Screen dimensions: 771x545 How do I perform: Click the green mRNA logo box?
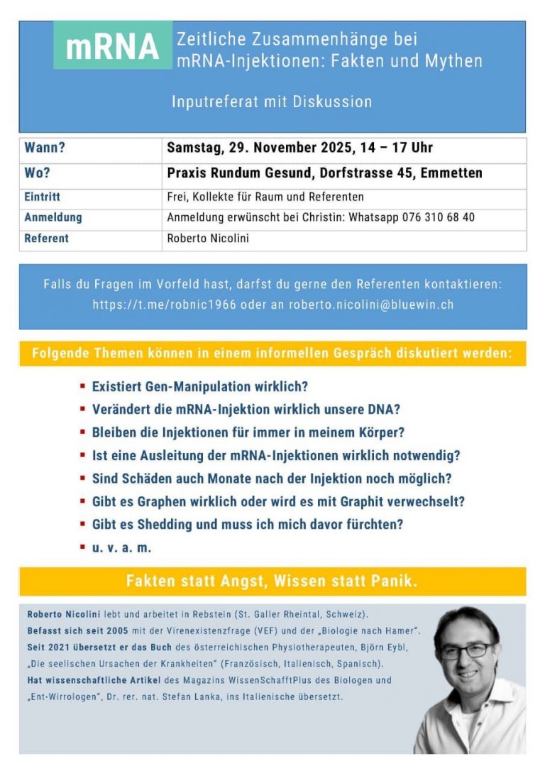112,45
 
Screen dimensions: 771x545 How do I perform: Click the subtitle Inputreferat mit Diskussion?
272,102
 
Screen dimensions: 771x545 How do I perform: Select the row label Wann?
45,148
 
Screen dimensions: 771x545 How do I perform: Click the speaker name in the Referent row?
208,239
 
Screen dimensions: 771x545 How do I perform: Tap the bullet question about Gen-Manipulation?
200,387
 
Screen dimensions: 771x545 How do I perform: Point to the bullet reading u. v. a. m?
121,547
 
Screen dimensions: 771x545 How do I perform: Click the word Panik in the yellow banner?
395,581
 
